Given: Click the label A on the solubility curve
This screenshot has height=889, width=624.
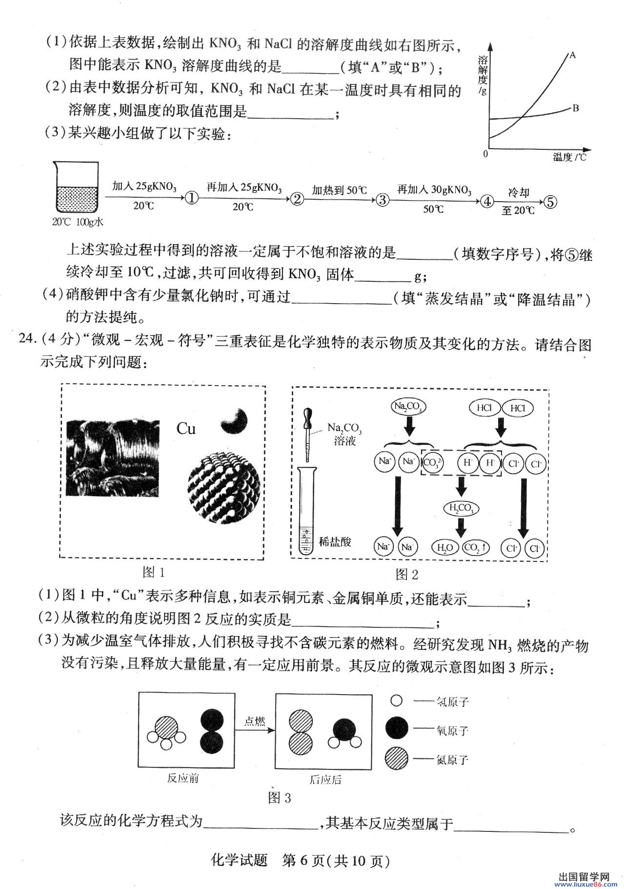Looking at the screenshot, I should [x=573, y=55].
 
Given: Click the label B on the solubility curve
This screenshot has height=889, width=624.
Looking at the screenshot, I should [x=576, y=108].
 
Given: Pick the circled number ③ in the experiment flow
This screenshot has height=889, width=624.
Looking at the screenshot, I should [x=383, y=199].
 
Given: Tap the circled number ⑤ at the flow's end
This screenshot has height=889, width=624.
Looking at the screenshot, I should [x=550, y=202].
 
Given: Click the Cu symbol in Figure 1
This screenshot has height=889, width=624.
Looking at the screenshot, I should [x=186, y=429].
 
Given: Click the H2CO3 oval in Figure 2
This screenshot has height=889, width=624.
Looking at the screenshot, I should [x=461, y=509].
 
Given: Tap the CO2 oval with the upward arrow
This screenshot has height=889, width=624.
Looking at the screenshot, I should [x=476, y=548].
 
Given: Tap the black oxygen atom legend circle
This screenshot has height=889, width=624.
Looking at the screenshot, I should [x=396, y=730].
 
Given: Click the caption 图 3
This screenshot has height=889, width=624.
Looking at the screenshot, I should [x=280, y=798].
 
